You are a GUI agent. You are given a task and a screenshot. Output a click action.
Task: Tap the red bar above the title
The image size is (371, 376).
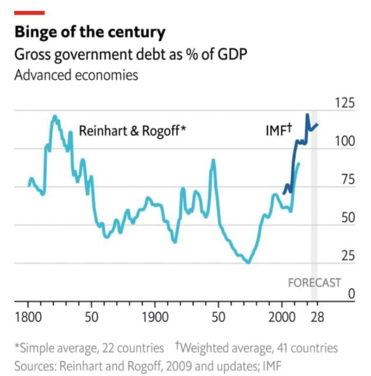pyautogui.click(x=30, y=12)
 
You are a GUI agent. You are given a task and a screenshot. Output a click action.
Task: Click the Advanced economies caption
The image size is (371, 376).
pyautogui.click(x=76, y=74)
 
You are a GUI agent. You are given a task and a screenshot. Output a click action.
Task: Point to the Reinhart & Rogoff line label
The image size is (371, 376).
pyautogui.click(x=132, y=131)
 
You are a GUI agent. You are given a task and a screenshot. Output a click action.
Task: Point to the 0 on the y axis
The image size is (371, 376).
pyautogui.click(x=351, y=294)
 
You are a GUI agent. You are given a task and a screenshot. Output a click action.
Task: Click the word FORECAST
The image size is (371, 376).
pyautogui.click(x=314, y=283)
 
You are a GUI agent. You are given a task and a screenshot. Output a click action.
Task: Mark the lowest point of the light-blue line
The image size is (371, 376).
pyautogui.click(x=248, y=263)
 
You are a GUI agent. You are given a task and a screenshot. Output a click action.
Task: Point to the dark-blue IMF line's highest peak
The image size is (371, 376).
pyautogui.click(x=307, y=115)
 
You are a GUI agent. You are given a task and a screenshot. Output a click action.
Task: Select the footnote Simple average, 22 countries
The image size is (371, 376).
pyautogui.click(x=89, y=347)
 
